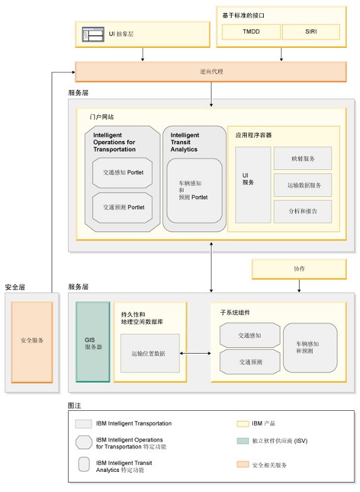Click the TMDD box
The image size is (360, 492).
251,31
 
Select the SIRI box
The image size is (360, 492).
311,31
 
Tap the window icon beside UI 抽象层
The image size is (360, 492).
93,34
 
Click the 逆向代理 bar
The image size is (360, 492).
211,72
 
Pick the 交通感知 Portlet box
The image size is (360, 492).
122,172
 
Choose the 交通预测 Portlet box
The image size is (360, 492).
122,208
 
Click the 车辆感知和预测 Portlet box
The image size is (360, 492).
194,191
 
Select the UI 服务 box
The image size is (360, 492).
253,185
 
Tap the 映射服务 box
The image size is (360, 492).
303,159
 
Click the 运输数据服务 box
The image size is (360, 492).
303,185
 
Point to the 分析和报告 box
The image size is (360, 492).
303,211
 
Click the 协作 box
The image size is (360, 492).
299,269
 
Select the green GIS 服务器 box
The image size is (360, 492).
93,342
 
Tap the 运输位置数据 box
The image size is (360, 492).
150,354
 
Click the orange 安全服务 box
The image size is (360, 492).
31,342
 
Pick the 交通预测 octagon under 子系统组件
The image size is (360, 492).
250,362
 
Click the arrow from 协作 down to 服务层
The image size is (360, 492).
299,286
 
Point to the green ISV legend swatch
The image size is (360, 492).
242,441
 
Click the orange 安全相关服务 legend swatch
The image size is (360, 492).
242,464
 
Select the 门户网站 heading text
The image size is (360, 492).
102,117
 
